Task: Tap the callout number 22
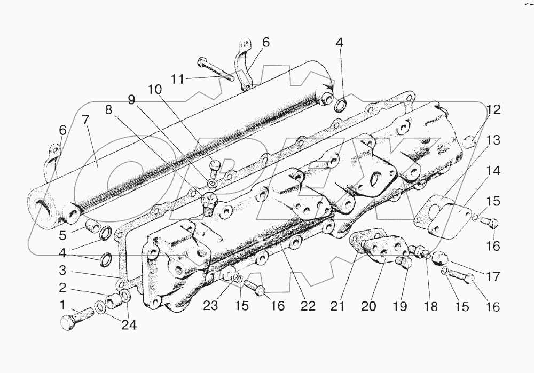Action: (308, 306)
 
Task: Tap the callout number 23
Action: (210, 306)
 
